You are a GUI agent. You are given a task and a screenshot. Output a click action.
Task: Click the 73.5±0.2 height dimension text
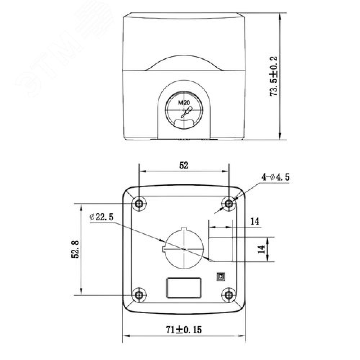click(274, 76)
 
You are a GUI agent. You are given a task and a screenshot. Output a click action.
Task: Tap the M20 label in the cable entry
click(184, 103)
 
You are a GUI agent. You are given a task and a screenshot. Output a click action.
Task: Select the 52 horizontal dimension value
click(184, 165)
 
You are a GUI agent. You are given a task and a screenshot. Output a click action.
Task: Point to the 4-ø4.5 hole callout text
click(275, 177)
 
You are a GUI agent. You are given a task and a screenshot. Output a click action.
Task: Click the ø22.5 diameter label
click(102, 217)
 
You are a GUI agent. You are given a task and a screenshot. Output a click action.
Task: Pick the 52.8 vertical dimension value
click(75, 249)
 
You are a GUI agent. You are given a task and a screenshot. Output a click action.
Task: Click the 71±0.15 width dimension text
click(184, 330)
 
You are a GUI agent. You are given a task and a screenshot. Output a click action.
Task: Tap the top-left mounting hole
click(139, 203)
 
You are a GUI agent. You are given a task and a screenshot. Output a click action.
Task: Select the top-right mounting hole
click(229, 203)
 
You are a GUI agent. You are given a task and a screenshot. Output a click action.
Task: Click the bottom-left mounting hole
click(139, 295)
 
